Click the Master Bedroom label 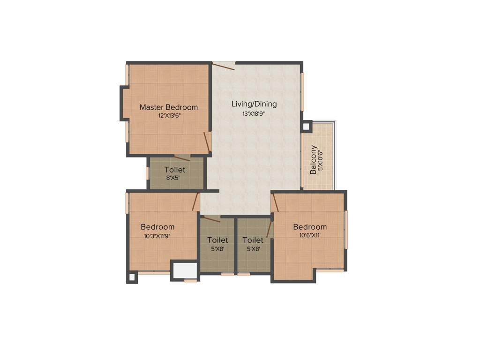click(x=169, y=107)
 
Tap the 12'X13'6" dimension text click(x=169, y=115)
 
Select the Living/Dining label click(x=254, y=104)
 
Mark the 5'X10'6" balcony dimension click(x=321, y=161)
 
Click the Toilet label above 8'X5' click(x=174, y=170)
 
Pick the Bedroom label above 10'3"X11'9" click(x=157, y=227)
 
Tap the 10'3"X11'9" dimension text click(x=157, y=236)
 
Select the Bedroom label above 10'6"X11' click(x=310, y=227)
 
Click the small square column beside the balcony click(x=307, y=126)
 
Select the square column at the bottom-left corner click(x=132, y=277)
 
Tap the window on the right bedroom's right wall click(x=346, y=230)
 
